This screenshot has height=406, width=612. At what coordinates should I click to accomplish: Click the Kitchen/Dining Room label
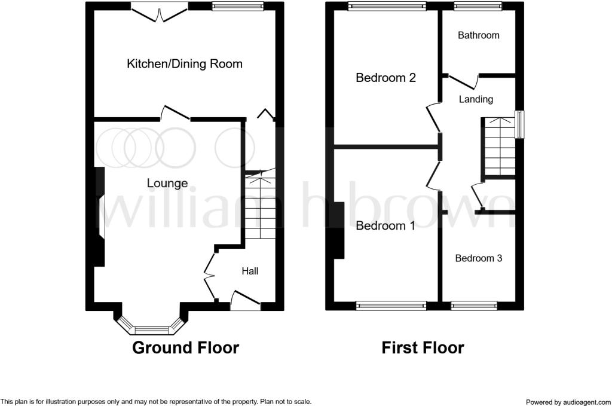coord(185,63)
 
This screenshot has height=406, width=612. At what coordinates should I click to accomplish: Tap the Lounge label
coord(167,183)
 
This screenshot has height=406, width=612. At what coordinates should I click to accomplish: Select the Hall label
coord(250,271)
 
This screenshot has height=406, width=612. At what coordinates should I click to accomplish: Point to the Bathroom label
coord(479,35)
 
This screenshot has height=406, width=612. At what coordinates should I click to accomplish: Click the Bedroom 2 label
coord(385,77)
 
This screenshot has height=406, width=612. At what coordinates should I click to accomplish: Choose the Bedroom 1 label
coord(385,225)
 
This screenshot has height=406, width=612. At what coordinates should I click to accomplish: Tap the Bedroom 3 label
coord(479,258)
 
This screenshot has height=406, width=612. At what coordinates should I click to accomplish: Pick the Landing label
coord(476,99)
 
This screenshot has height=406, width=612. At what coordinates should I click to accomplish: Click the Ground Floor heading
coord(185,347)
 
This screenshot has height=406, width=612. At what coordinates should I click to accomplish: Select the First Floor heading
coord(423,347)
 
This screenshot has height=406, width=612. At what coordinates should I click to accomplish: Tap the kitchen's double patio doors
coord(159,13)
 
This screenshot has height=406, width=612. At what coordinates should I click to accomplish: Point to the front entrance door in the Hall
coord(245,300)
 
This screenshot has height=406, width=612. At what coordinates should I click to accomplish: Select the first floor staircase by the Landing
coord(500,146)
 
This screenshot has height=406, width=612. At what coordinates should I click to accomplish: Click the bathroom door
coord(463,81)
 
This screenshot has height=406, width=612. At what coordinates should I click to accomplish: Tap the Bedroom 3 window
coord(474,306)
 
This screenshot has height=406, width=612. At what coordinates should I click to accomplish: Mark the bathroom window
coord(478,6)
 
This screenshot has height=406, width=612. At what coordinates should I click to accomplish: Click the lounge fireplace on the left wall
coord(99,217)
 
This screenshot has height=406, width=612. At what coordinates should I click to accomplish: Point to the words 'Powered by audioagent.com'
coord(568,402)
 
